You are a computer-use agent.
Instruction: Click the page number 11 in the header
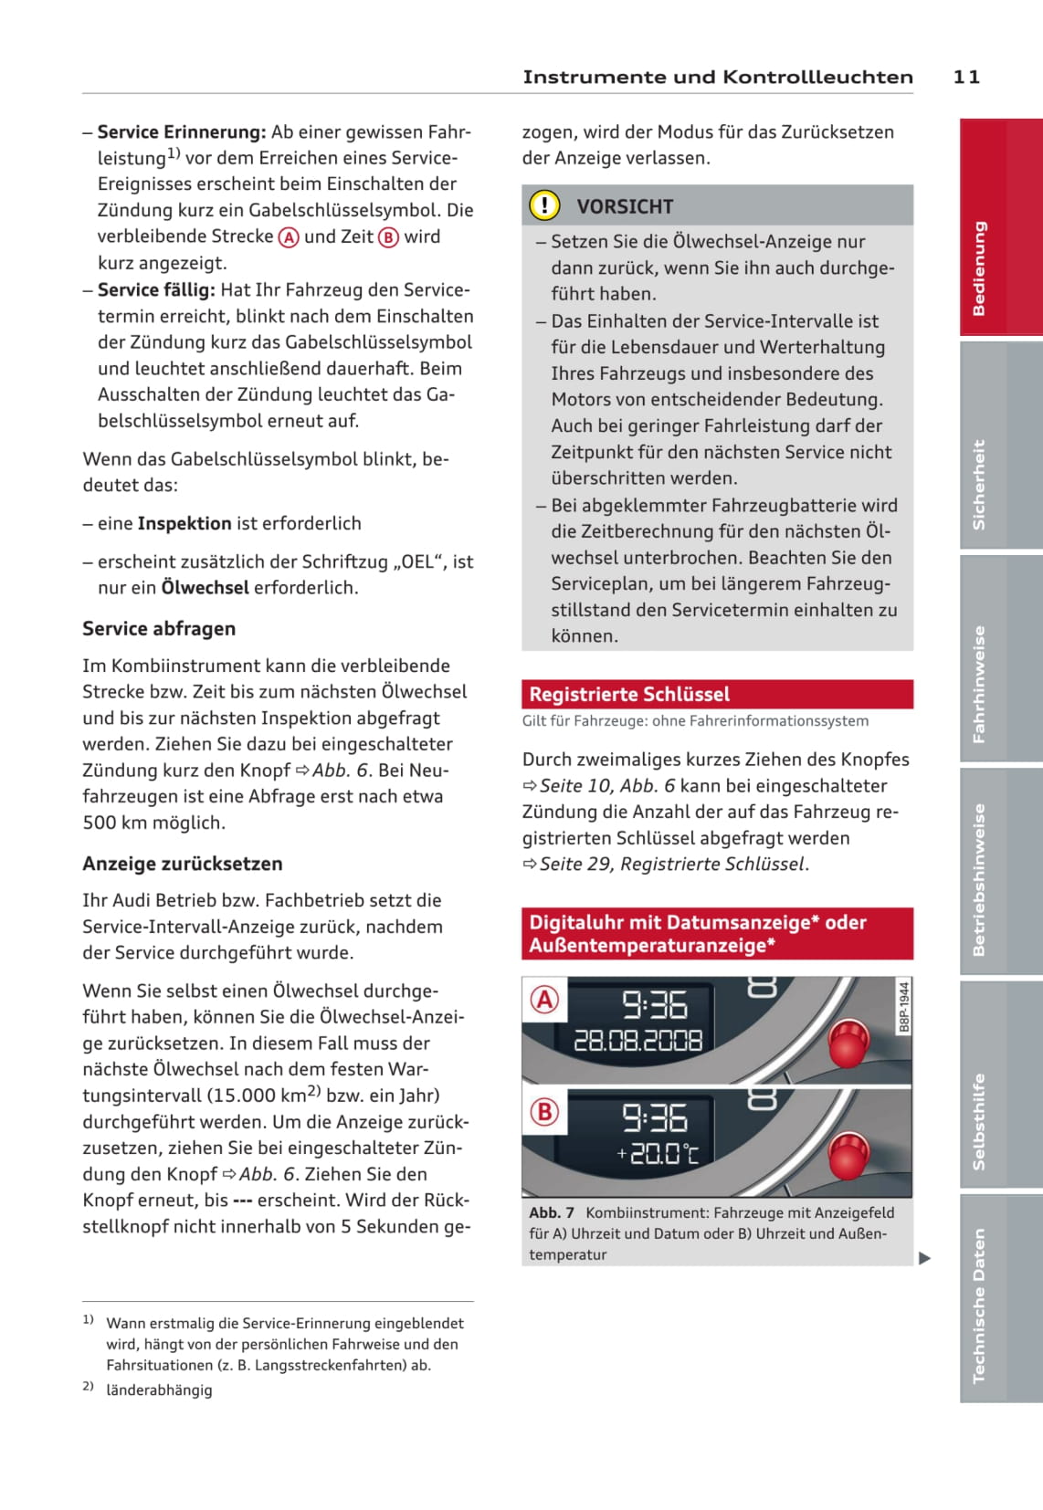(966, 78)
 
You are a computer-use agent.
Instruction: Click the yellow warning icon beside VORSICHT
(544, 205)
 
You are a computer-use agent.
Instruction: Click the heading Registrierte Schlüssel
(629, 695)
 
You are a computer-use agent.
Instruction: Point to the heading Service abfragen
(159, 629)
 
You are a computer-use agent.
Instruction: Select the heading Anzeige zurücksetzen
(183, 864)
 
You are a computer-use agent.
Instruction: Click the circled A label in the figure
(544, 1000)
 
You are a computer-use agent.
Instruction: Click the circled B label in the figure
(544, 1111)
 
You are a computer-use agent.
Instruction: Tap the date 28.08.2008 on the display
(637, 1041)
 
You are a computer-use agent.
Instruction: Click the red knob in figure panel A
(848, 1043)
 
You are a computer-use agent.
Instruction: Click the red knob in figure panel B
(848, 1155)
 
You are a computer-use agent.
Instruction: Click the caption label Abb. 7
(552, 1213)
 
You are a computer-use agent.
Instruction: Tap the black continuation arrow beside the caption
(924, 1258)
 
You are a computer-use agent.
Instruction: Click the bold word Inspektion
(184, 524)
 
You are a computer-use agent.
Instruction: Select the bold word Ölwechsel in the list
(205, 588)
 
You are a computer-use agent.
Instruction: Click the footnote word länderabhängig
(159, 1390)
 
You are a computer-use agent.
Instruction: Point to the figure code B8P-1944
(904, 1007)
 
